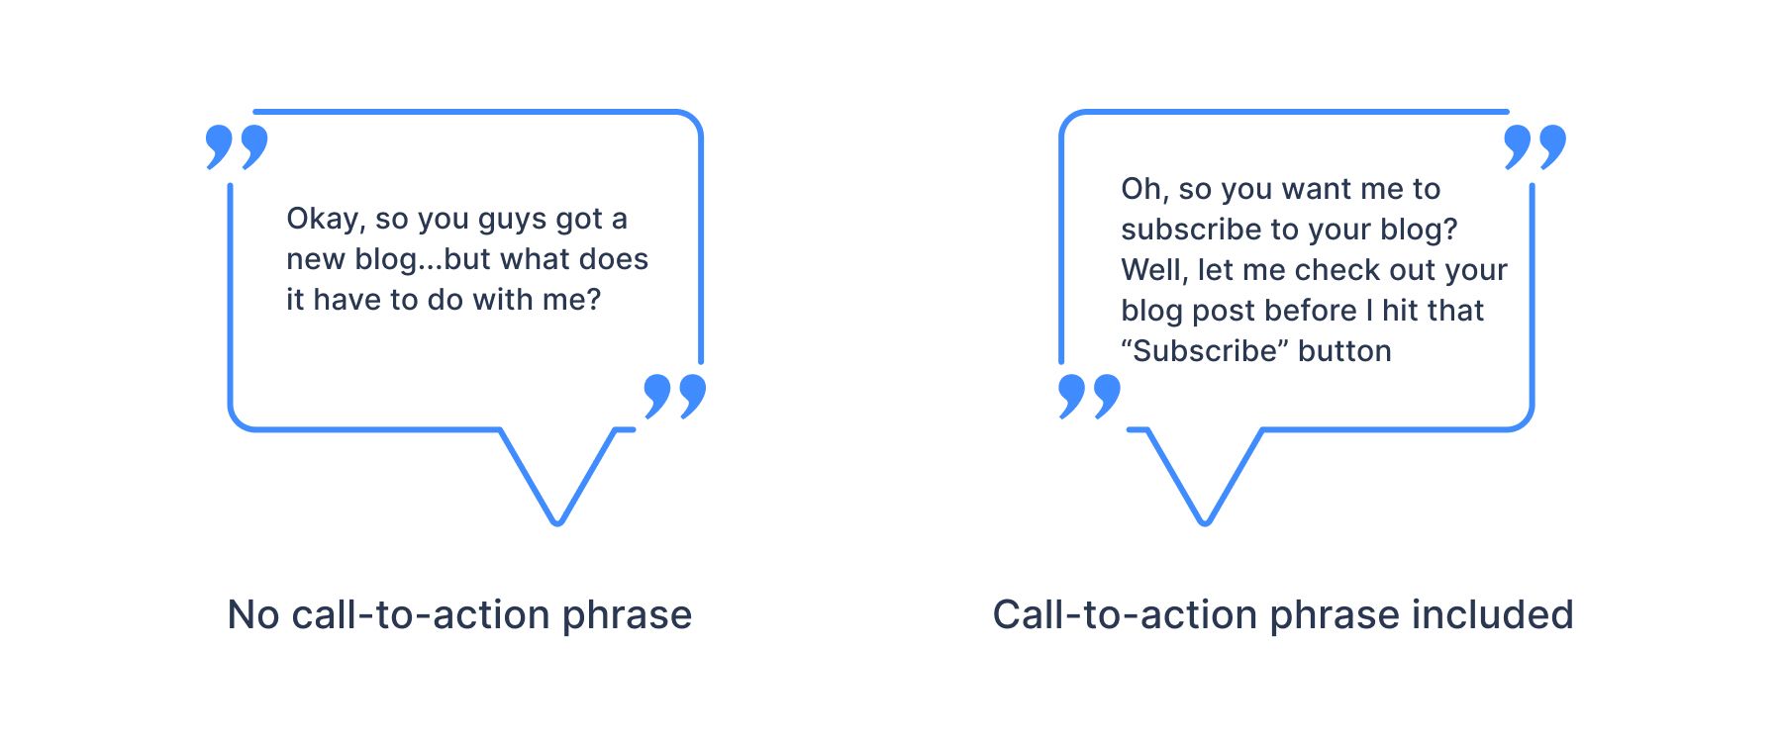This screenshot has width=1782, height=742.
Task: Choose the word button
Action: (x=1344, y=351)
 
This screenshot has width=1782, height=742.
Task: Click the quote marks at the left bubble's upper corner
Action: (x=237, y=146)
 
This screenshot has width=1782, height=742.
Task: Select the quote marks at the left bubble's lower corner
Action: (x=675, y=396)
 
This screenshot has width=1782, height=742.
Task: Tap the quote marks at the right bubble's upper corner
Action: (x=1535, y=146)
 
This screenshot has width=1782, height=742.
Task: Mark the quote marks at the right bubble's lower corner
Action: (x=1090, y=396)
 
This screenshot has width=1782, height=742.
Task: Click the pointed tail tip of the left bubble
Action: (x=557, y=523)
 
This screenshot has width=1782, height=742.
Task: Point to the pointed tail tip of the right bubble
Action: (x=1205, y=523)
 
